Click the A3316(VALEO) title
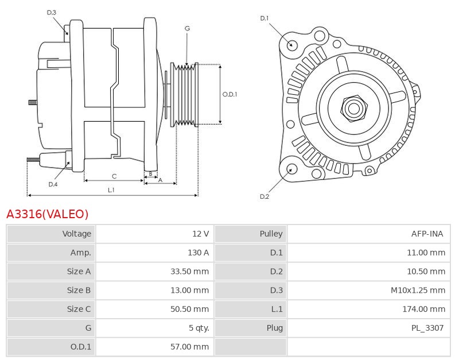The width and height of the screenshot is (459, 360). [x=48, y=214]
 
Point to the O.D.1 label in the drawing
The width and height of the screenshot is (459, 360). [x=229, y=94]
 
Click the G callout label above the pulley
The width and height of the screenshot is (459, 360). [x=188, y=28]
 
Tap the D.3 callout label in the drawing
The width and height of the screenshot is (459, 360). [x=52, y=12]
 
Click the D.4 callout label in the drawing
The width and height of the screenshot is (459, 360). [x=53, y=184]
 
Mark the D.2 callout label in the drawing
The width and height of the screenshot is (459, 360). [x=264, y=196]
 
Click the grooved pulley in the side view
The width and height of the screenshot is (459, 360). [x=185, y=94]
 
